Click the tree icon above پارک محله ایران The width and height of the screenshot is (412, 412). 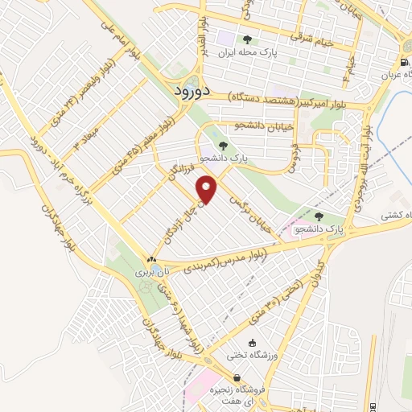[247, 39]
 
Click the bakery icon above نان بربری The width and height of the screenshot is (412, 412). [151, 259]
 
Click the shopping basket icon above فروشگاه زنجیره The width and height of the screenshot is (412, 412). [237, 377]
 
